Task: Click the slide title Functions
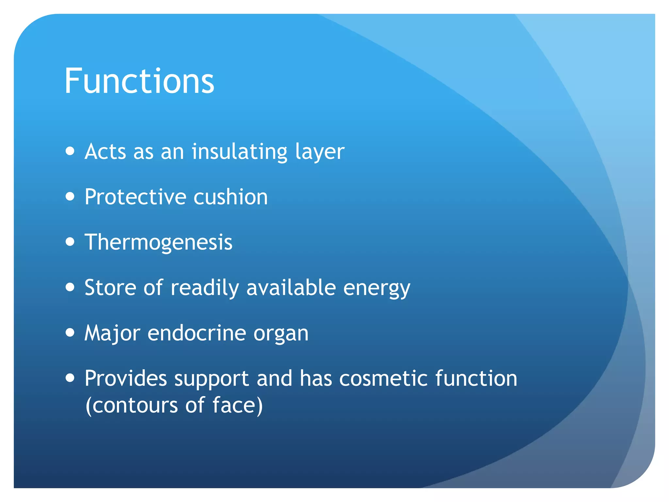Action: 139,81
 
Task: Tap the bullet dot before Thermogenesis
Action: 70,242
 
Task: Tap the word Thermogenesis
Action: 158,242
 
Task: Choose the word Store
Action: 110,288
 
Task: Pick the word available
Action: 291,288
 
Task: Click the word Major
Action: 112,333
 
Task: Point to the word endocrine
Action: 197,333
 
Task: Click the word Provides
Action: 126,378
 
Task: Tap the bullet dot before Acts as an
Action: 70,151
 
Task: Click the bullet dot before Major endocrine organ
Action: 70,333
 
